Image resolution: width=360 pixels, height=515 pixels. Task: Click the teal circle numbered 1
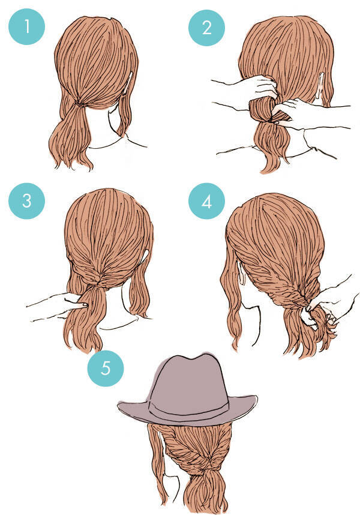(26, 26)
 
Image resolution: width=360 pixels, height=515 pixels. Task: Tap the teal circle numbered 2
(206, 28)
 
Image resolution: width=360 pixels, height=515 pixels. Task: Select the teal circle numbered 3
(26, 200)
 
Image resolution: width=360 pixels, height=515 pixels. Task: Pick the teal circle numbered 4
(206, 201)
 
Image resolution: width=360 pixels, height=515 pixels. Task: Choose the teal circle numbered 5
(106, 368)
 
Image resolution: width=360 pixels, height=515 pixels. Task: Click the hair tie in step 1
(79, 104)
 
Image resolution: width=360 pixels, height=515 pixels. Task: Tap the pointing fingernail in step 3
(85, 304)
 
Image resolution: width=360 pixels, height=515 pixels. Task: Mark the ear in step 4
(241, 273)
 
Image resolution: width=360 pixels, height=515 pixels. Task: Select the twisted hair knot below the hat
(206, 464)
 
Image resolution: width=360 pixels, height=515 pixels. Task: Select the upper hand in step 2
(244, 87)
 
